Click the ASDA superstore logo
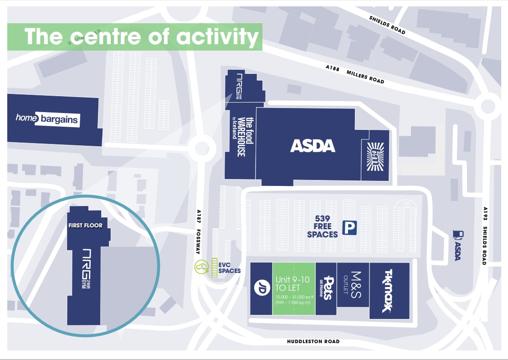click(313, 146)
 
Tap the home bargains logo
click(47, 119)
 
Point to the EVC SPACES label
click(229, 267)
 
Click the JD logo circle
click(261, 288)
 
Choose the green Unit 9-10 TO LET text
click(294, 283)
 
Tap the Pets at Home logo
click(327, 288)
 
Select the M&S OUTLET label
click(353, 285)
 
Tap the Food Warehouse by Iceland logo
click(241, 137)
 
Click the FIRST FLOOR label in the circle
click(86, 225)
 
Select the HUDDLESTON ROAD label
click(313, 341)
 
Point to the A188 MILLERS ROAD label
click(355, 74)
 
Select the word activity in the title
click(218, 37)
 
